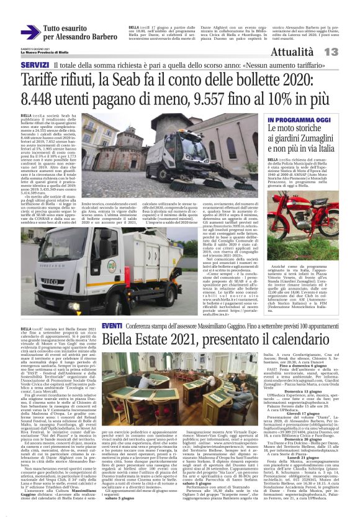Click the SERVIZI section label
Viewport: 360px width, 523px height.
tap(34, 65)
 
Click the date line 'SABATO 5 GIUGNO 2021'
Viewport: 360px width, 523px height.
tap(31, 47)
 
